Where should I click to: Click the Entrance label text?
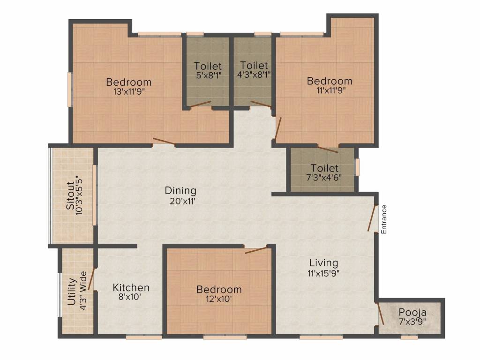383,219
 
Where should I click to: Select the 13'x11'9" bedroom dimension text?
128,92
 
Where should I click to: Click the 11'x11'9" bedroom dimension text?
329,91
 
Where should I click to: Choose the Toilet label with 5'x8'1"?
208,66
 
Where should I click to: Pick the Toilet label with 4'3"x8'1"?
253,66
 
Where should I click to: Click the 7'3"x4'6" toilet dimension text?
324,178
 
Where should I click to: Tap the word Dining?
180,191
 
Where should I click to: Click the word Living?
323,262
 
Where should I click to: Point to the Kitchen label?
131,287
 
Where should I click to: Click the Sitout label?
70,195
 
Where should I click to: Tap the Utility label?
72,292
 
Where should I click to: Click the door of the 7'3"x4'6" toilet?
328,149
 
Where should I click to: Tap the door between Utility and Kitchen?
92,278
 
